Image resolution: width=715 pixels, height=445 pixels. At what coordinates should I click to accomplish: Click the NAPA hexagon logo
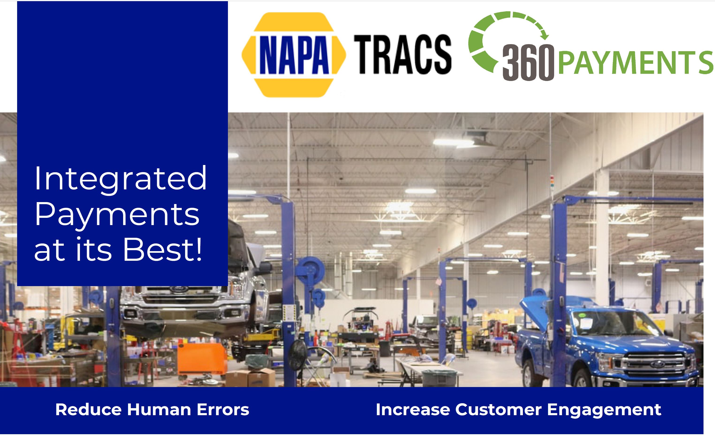tap(294, 55)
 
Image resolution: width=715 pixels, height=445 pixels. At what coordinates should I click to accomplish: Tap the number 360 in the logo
tap(528, 63)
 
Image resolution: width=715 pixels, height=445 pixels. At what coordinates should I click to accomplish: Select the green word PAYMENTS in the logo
tap(635, 63)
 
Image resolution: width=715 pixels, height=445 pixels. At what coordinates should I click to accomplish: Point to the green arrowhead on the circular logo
tap(545, 36)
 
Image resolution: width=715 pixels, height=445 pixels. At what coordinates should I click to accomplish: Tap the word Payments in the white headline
tap(117, 215)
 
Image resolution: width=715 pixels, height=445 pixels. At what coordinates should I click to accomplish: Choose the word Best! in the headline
tap(163, 250)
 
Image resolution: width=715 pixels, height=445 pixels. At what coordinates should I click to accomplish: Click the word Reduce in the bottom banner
tap(88, 410)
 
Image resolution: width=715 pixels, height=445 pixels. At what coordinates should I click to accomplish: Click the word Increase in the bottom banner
tap(413, 410)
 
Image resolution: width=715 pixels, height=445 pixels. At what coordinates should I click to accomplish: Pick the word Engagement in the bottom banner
tap(604, 410)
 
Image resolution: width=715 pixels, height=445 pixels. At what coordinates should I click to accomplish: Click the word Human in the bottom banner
tap(159, 410)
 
